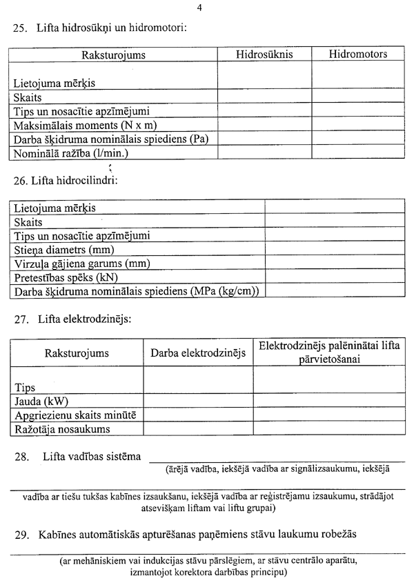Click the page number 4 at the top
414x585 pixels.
coord(199,8)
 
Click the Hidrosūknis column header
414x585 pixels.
coord(264,54)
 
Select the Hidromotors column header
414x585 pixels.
coord(357,54)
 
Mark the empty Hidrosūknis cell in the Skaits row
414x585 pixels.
coord(264,97)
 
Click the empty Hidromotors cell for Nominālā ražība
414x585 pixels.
coord(357,153)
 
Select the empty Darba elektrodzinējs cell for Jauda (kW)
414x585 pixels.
coord(198,401)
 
